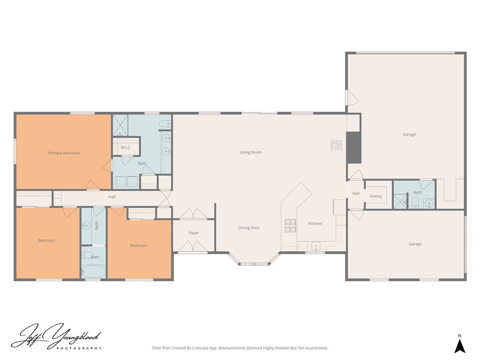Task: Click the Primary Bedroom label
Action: click(63, 153)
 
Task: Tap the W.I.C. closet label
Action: click(126, 148)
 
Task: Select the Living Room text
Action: click(251, 152)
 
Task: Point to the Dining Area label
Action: click(248, 228)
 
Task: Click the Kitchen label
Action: click(315, 224)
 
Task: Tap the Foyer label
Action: click(194, 233)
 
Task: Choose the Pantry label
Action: click(376, 196)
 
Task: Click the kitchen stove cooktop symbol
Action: click(290, 225)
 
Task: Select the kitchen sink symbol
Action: click(315, 246)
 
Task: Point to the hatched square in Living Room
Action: click(336, 145)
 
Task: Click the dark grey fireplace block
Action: click(353, 148)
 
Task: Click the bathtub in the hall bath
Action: click(93, 271)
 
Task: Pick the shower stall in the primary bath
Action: click(120, 126)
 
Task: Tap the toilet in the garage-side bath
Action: click(415, 202)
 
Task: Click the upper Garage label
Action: click(409, 135)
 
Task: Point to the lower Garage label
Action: click(415, 244)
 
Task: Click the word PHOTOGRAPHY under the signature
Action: click(79, 348)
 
